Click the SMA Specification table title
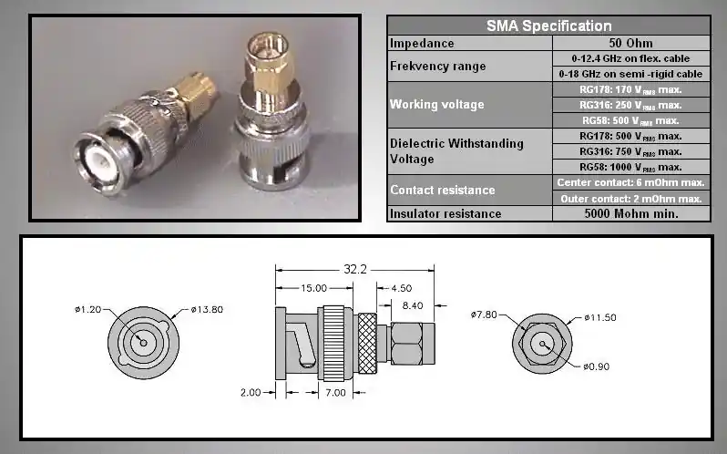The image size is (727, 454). (548, 26)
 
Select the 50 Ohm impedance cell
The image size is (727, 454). (630, 43)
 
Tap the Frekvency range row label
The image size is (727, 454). (437, 67)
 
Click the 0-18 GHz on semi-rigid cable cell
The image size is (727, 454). (630, 74)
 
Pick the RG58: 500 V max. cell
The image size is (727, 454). (630, 120)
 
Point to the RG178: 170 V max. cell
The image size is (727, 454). (630, 89)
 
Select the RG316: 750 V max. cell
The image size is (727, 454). (630, 151)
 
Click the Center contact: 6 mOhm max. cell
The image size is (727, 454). (630, 182)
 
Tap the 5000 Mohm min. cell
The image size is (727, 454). (630, 214)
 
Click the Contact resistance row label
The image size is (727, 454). (443, 191)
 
